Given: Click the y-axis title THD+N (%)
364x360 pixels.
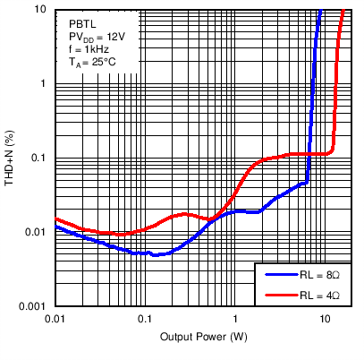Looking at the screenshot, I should [x=12, y=158].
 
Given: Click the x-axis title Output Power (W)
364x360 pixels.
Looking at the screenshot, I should [x=204, y=337].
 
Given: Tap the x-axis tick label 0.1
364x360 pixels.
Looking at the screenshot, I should [x=144, y=319].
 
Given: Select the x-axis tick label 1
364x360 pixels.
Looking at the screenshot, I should [x=234, y=319].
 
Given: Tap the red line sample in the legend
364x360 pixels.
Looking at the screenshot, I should [x=278, y=295].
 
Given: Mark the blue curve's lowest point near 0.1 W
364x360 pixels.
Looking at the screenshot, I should [x=154, y=255].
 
